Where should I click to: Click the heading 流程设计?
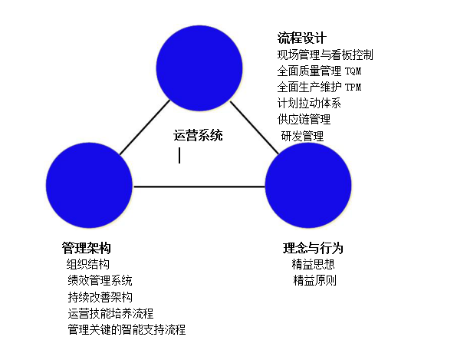click(301, 38)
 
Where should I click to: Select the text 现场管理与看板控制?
click(325, 54)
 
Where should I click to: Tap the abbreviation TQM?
click(353, 71)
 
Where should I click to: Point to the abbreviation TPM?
click(353, 87)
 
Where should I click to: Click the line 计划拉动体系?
click(309, 103)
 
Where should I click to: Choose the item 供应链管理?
click(304, 119)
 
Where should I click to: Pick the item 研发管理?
click(302, 136)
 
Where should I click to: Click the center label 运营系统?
click(198, 135)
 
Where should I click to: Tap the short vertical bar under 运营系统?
click(179, 155)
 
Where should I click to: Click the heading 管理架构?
click(87, 248)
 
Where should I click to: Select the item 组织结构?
click(87, 264)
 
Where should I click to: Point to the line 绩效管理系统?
click(100, 280)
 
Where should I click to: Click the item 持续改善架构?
click(100, 297)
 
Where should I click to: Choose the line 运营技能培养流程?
click(110, 313)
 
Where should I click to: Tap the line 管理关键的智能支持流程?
click(127, 329)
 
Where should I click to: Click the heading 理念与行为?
click(313, 248)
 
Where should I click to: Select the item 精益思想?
click(313, 264)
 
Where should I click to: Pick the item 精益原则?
click(315, 280)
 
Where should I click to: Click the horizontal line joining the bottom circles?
click(199, 187)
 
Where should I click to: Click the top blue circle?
click(199, 68)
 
